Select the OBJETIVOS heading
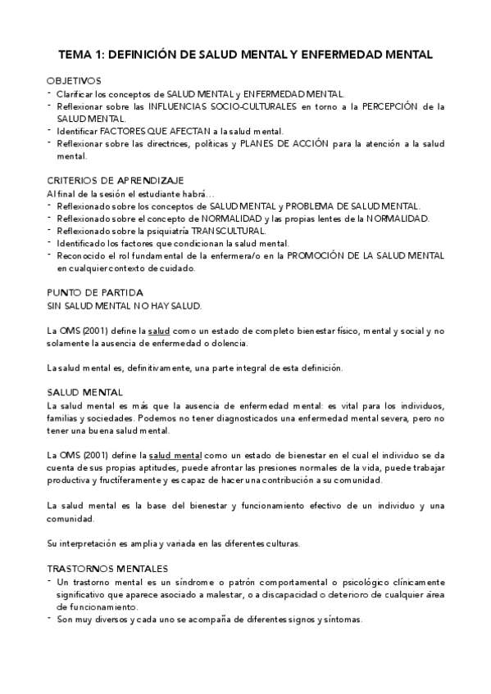[74, 81]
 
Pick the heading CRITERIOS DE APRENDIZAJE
[115, 180]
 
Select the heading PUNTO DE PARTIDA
[95, 292]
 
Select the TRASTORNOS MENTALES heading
[107, 568]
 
